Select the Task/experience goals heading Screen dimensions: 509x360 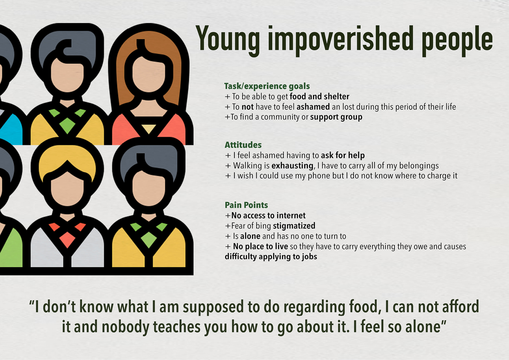267,86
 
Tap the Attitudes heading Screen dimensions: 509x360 243,145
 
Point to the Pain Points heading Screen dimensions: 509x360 246,205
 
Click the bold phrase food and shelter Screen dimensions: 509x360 319,96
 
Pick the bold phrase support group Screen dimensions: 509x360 336,117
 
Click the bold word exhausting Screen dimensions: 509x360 293,166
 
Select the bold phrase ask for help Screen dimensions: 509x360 343,155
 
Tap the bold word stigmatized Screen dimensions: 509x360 294,226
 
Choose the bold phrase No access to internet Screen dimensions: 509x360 268,215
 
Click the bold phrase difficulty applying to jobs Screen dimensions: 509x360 271,257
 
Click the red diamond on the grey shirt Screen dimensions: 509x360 67,239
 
